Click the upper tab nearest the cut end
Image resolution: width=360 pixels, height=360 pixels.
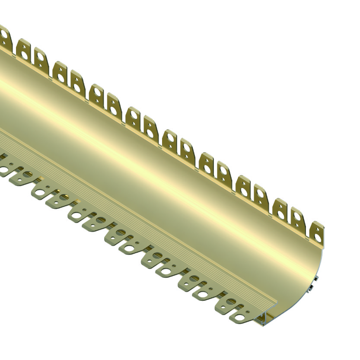318,234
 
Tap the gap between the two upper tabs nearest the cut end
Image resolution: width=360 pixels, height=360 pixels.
309,231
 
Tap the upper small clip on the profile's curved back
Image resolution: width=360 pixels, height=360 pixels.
317,279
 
